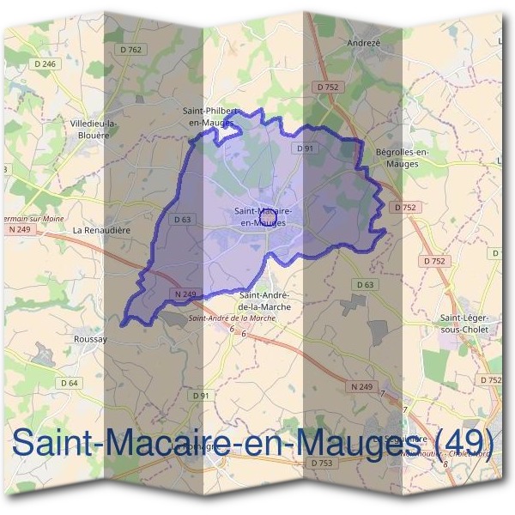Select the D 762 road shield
[x=130, y=50]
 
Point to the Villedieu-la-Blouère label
[x=94, y=129]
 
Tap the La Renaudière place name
[x=100, y=230]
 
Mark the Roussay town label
[x=90, y=339]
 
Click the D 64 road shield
[x=69, y=382]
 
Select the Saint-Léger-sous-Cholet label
[x=463, y=323]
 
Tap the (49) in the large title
[x=464, y=445]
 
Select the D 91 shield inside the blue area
[x=304, y=148]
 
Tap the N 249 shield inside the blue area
[x=185, y=294]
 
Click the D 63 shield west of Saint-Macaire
[x=181, y=219]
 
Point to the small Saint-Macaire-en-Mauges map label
[x=263, y=215]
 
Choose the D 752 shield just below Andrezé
[x=328, y=87]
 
